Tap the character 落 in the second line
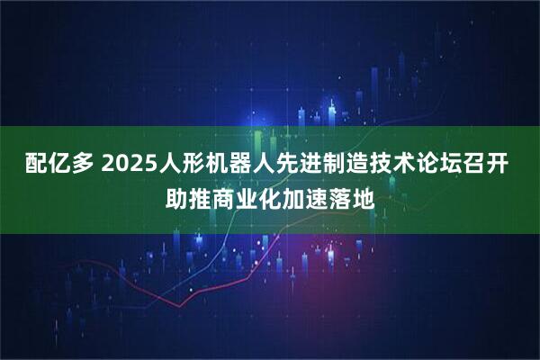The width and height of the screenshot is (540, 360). point(341,195)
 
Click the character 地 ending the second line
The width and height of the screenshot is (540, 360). point(364,195)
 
